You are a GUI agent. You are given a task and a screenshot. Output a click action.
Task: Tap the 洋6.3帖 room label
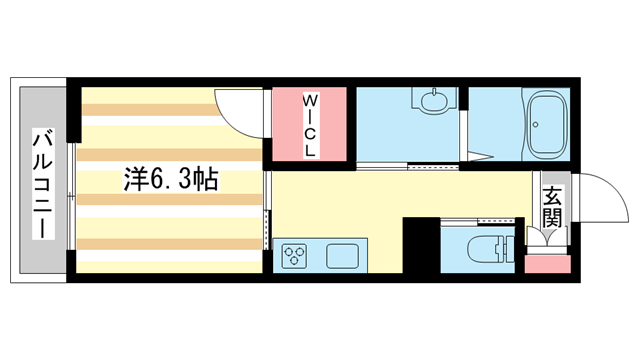[171, 180]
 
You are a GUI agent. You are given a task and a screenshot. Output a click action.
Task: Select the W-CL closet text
[311, 124]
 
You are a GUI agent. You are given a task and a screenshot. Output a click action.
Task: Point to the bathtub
[547, 125]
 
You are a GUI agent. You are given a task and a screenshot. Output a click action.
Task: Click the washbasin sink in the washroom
[434, 101]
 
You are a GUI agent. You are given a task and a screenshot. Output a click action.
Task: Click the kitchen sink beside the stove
[342, 255]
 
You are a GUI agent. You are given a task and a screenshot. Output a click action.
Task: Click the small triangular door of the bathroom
[478, 150]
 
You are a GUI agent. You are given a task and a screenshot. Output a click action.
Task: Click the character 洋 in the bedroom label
[136, 180]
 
